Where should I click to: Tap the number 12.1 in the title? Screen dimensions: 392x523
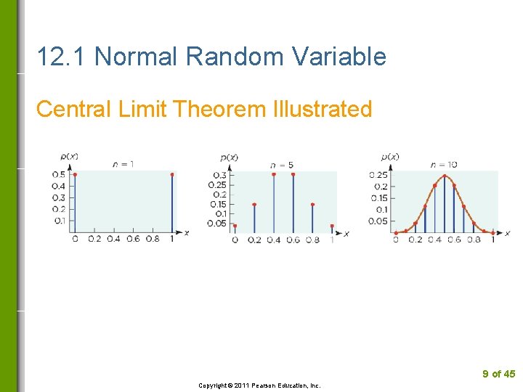[62, 56]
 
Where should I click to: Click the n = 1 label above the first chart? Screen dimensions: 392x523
[123, 164]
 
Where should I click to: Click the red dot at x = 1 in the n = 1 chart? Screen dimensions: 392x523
[172, 174]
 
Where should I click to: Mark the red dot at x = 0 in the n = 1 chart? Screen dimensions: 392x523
[75, 174]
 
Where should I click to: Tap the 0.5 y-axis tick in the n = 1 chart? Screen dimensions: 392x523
[58, 174]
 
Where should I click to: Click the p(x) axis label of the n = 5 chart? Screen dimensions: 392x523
[229, 157]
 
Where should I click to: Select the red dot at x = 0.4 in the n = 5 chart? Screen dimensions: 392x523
[273, 174]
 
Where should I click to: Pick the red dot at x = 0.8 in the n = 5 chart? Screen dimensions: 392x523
[312, 205]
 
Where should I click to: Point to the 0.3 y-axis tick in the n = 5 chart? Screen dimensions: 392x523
[219, 175]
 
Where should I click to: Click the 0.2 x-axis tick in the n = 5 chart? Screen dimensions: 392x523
[254, 240]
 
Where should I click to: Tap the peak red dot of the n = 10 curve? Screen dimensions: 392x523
[444, 176]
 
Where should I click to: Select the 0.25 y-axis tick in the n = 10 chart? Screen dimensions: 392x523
[378, 175]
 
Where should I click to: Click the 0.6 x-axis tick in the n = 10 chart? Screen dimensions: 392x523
[454, 240]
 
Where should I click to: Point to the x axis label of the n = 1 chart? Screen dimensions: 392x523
[186, 232]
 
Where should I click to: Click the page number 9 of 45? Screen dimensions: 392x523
[498, 374]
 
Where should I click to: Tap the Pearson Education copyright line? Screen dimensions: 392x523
[259, 385]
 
